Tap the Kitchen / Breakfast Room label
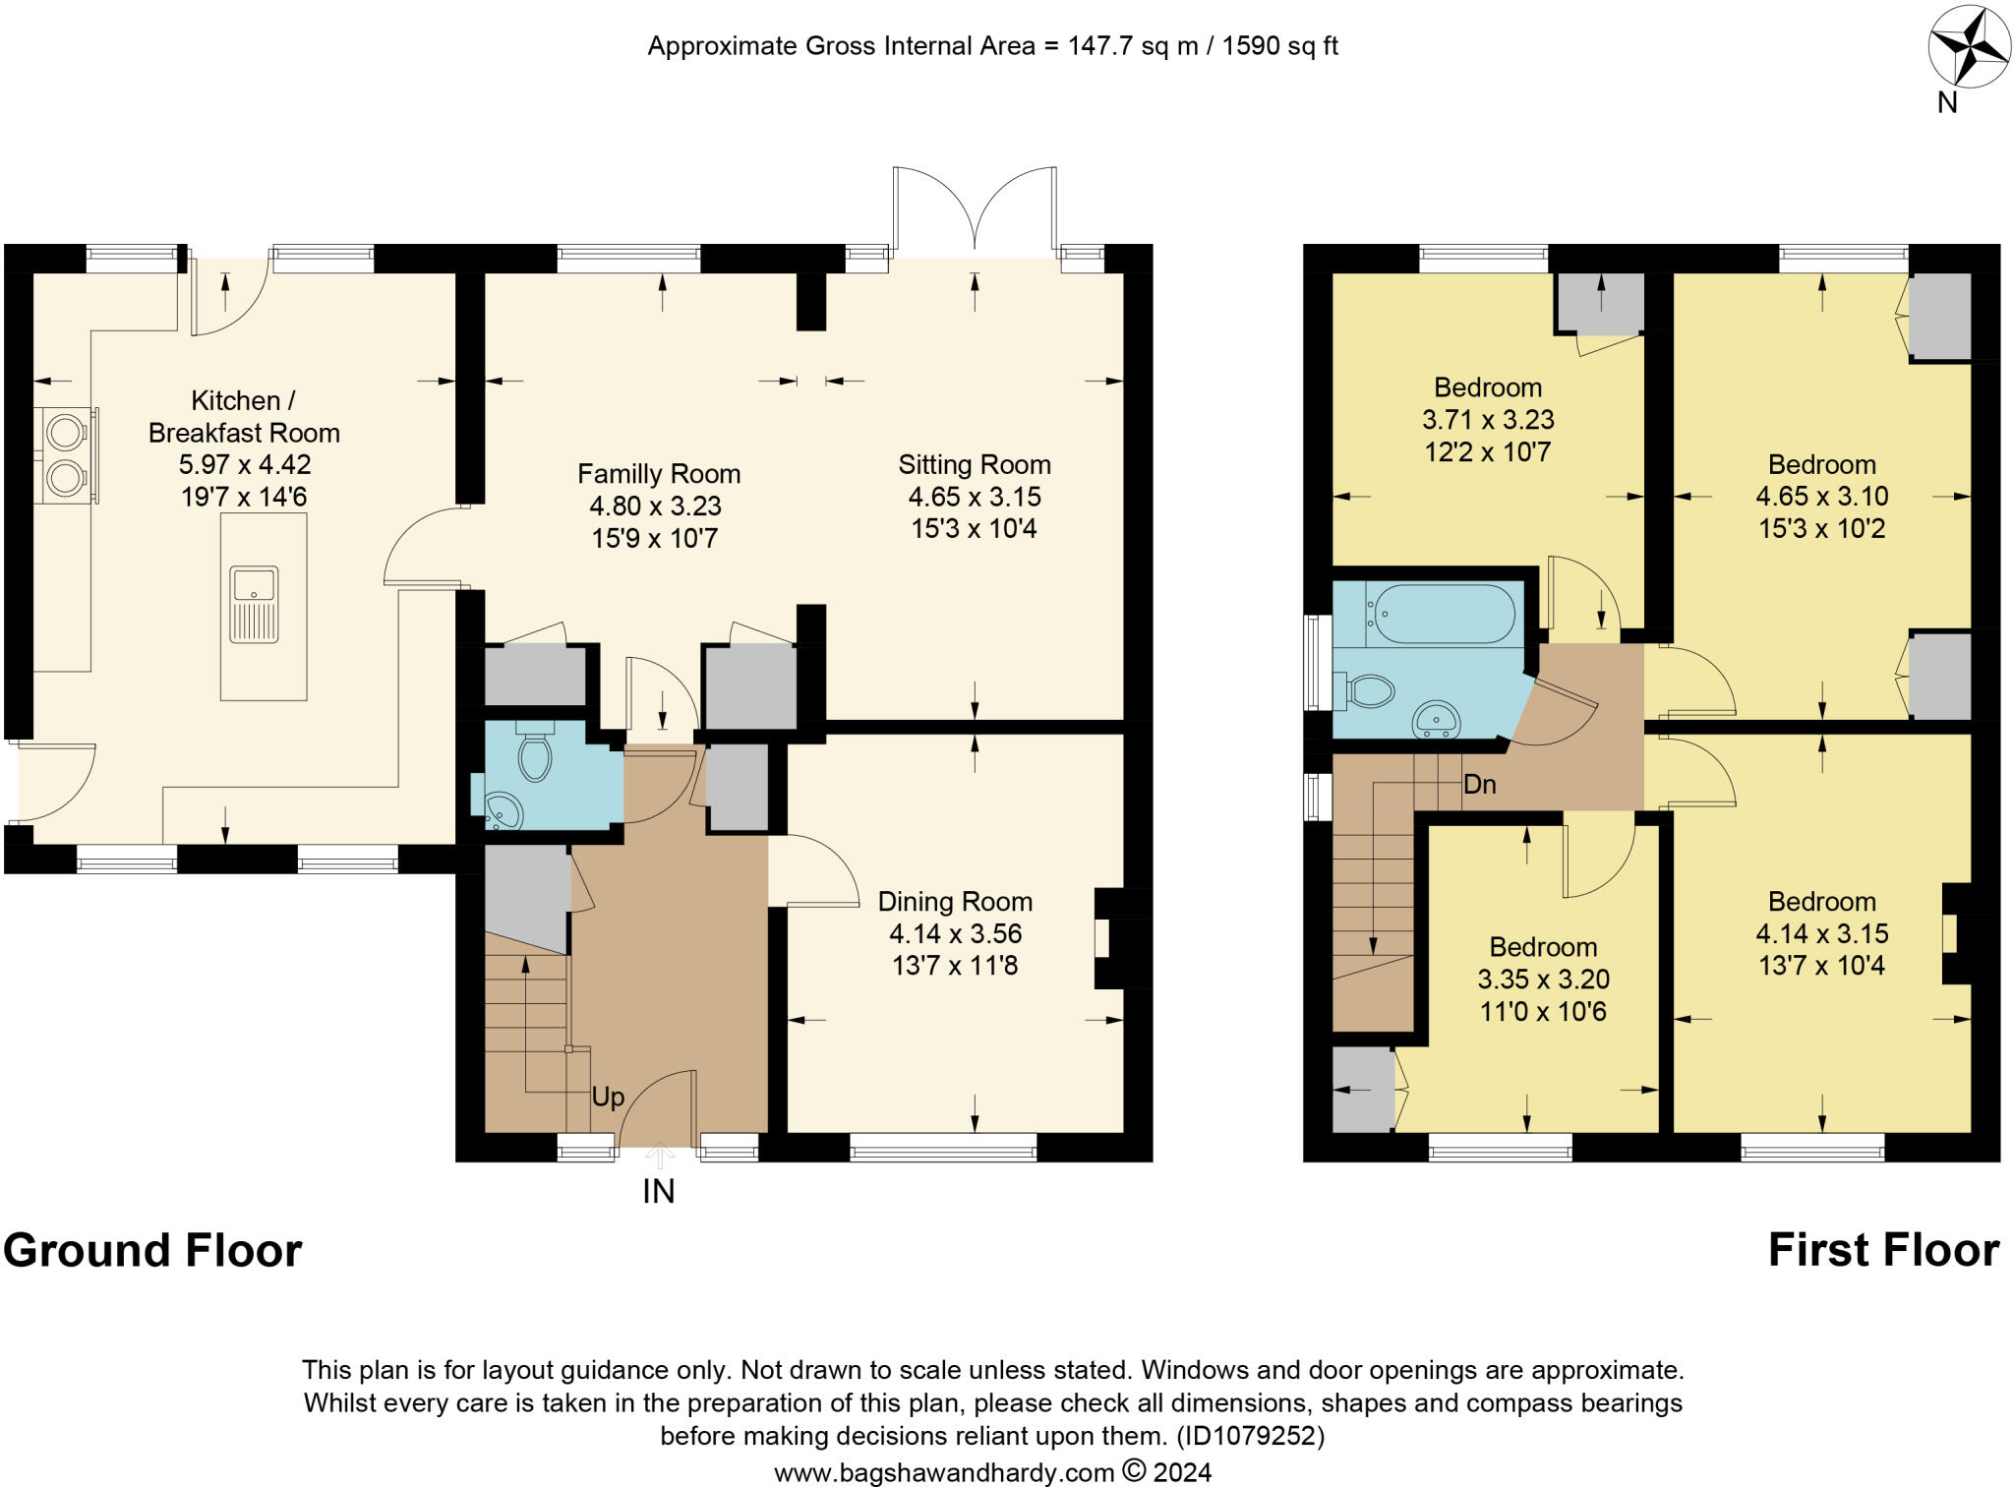(x=244, y=416)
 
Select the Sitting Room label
(x=975, y=464)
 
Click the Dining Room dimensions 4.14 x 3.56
(x=956, y=933)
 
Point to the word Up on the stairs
(x=608, y=1097)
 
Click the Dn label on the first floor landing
(x=1480, y=784)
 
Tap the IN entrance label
(x=659, y=1192)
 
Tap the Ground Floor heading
(x=152, y=1250)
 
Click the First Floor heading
(x=1884, y=1250)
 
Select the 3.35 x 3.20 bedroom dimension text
(x=1544, y=980)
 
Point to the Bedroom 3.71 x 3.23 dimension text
(x=1489, y=420)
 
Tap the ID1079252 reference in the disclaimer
(x=1251, y=1436)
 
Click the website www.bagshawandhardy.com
(x=944, y=1472)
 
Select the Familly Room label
(x=659, y=474)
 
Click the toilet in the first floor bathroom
(x=1367, y=690)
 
